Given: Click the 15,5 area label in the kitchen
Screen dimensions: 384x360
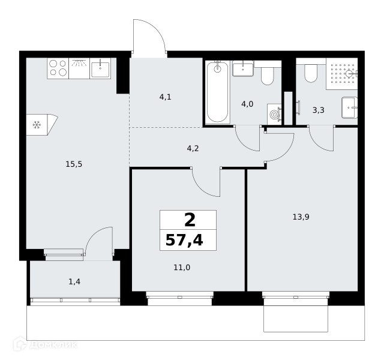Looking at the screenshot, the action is click(74, 164).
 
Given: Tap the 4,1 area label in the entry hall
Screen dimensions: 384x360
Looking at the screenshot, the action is click(166, 97).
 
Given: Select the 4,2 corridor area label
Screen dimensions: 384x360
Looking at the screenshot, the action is click(193, 148).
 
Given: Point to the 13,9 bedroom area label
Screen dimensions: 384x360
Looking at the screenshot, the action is click(301, 217).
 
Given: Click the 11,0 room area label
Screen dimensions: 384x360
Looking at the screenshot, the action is click(182, 268).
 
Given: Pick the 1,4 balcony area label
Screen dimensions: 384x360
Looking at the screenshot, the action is click(74, 282).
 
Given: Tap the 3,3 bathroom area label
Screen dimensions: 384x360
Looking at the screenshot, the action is click(319, 110).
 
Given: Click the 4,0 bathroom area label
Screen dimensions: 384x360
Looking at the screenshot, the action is click(247, 104).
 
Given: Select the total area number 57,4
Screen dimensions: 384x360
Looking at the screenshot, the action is click(184, 240).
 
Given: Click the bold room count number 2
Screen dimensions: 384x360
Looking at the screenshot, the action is click(190, 220).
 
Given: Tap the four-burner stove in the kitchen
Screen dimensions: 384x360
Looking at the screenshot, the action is click(58, 68).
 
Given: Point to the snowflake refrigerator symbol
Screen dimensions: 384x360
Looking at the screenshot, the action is click(37, 125).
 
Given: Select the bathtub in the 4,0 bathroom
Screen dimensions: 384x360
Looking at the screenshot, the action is click(217, 92).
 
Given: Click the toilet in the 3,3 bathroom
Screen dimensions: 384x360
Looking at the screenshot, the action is click(311, 73).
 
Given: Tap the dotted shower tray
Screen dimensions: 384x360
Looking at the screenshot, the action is click(341, 74).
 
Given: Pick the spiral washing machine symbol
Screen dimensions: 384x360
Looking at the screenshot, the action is click(274, 115).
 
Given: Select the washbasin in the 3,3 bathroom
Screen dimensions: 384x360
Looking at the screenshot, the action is click(350, 107).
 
